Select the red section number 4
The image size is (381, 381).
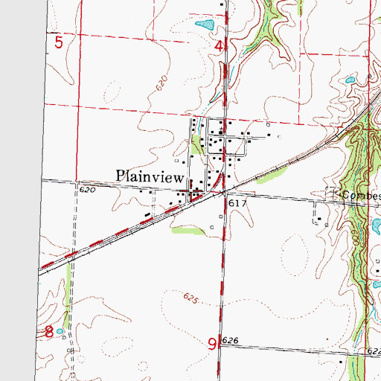click(219, 48)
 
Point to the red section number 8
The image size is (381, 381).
click(49, 332)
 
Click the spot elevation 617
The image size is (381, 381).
click(237, 203)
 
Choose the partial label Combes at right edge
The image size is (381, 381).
click(361, 196)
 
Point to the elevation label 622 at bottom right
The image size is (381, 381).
click(372, 350)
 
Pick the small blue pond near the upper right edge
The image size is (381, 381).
click(349, 79)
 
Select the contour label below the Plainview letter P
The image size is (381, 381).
click(87, 191)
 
